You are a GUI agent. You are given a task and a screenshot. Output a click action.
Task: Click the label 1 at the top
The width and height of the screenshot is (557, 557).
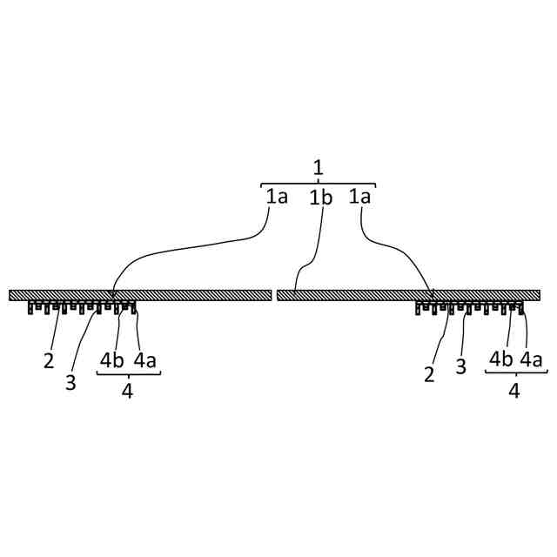click(318, 167)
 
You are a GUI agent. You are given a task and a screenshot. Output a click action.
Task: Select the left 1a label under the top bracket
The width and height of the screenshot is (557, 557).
click(277, 197)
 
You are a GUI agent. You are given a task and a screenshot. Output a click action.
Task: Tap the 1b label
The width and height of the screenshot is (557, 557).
click(321, 198)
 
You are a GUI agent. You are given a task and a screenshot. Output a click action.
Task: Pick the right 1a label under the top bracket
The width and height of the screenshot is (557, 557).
click(360, 197)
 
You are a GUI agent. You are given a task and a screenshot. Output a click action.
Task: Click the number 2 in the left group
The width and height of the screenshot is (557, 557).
click(50, 360)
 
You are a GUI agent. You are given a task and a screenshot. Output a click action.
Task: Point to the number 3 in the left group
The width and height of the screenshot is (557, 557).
click(70, 383)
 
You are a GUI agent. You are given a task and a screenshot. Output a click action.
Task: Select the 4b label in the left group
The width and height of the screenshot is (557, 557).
click(111, 359)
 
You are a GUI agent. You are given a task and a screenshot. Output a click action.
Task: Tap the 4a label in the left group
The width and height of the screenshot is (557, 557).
click(144, 359)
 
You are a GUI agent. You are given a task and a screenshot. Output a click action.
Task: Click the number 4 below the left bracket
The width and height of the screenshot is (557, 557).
click(127, 392)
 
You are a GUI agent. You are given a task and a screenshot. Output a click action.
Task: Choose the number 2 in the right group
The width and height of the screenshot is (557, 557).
click(429, 375)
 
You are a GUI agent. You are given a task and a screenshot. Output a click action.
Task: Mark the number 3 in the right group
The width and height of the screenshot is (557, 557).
click(461, 366)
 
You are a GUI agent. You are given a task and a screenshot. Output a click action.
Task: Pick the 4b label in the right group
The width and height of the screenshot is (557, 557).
click(500, 359)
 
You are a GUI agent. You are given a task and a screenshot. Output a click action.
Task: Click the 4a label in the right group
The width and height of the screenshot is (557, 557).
click(533, 359)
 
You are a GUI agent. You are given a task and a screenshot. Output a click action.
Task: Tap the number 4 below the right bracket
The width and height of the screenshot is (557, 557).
click(514, 392)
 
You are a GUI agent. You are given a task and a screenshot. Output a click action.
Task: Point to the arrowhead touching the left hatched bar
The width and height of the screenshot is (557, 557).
click(112, 293)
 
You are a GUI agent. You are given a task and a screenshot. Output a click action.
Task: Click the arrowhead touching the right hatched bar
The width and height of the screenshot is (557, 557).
click(432, 293)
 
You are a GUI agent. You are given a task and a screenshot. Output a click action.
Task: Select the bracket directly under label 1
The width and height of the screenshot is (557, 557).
click(318, 184)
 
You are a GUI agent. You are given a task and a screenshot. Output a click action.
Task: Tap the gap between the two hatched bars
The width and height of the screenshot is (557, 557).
click(274, 295)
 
